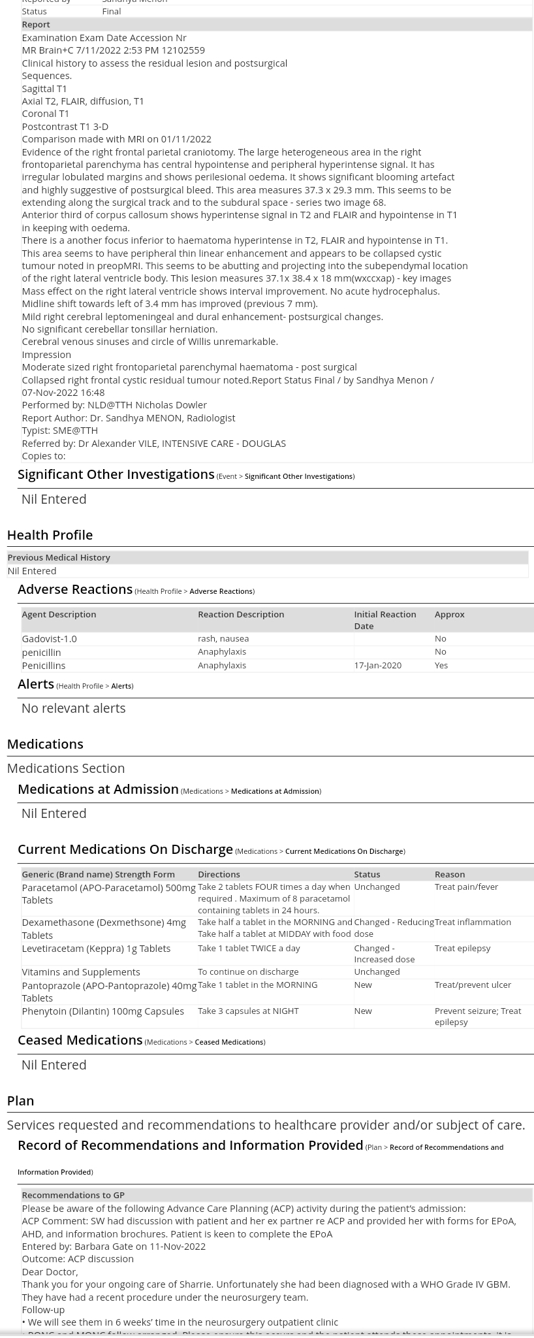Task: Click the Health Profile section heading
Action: pyautogui.click(x=50, y=534)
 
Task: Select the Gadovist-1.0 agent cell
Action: pyautogui.click(x=49, y=638)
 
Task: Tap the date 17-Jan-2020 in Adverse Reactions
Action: pyautogui.click(x=377, y=665)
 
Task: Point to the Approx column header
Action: pyautogui.click(x=449, y=614)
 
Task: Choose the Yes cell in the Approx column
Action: pyautogui.click(x=441, y=665)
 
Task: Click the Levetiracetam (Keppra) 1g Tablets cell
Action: pyautogui.click(x=96, y=948)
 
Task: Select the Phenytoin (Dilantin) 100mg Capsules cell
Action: pyautogui.click(x=102, y=1011)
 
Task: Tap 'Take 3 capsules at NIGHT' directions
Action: pyautogui.click(x=248, y=1011)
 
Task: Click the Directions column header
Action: pyautogui.click(x=219, y=874)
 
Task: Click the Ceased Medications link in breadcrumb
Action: pyautogui.click(x=228, y=1042)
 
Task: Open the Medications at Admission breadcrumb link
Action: pyautogui.click(x=274, y=791)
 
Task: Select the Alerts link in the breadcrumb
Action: pyautogui.click(x=121, y=686)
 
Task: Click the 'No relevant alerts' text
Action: pyautogui.click(x=73, y=708)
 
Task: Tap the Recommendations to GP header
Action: pyautogui.click(x=73, y=1195)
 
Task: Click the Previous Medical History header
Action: pyautogui.click(x=59, y=557)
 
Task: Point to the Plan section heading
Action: pyautogui.click(x=20, y=1100)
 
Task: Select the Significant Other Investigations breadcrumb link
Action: pyautogui.click(x=298, y=476)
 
